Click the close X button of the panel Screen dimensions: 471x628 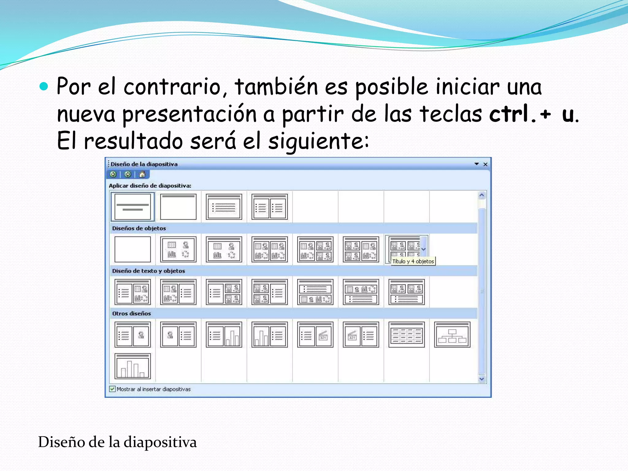(485, 164)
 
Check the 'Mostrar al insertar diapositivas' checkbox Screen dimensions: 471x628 (113, 389)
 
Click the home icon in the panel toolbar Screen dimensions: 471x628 (142, 174)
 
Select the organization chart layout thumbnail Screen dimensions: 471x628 (452, 335)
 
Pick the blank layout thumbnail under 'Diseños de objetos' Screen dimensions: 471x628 (132, 249)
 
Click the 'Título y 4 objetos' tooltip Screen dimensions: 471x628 (413, 261)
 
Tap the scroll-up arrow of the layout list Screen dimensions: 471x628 (481, 195)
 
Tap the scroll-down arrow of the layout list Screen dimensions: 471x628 (481, 379)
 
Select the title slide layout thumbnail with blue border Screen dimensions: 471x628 (132, 207)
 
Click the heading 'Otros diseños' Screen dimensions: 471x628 (132, 313)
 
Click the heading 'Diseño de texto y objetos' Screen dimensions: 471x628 (148, 271)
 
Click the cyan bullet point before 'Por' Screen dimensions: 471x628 (44, 87)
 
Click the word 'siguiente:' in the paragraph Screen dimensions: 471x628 (319, 141)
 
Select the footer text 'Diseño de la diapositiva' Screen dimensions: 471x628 (117, 442)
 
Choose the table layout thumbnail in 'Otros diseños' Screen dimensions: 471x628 (406, 335)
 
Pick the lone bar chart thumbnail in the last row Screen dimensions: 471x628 (132, 366)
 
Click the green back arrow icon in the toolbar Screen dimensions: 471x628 (113, 174)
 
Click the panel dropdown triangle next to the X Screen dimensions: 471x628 (477, 164)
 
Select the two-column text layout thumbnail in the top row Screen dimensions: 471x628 (270, 207)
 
